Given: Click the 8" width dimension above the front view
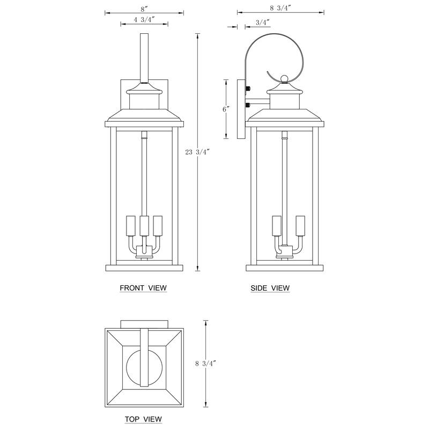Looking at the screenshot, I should tap(143, 9).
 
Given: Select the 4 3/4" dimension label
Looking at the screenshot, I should tap(137, 20).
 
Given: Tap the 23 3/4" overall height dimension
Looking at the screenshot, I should tap(197, 152).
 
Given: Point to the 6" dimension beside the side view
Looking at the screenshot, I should tap(226, 109).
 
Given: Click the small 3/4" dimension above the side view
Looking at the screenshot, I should tap(262, 22).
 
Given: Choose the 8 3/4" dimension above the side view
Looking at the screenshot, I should tap(282, 7).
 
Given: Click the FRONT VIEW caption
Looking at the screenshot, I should tap(143, 288).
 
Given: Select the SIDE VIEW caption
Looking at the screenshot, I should tap(270, 288).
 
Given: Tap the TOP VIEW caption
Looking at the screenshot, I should tap(143, 419).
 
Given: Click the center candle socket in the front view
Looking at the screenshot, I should tap(144, 225).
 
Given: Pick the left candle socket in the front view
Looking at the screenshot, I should tap(130, 225).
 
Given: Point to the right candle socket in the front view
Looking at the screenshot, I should tap(157, 225).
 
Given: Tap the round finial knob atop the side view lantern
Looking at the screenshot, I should tap(284, 79).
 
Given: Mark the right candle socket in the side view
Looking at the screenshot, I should tap(300, 225).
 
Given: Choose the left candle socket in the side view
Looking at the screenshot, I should tap(277, 225).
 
